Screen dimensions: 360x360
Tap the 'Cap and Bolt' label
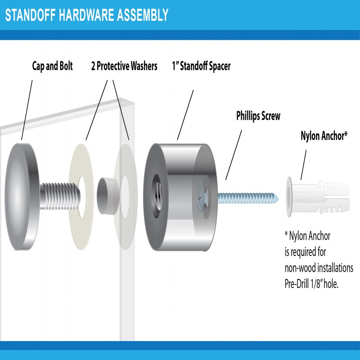coord(52,66)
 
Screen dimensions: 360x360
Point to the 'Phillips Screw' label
coord(258,116)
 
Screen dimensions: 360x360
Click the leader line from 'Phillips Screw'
coord(234,153)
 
